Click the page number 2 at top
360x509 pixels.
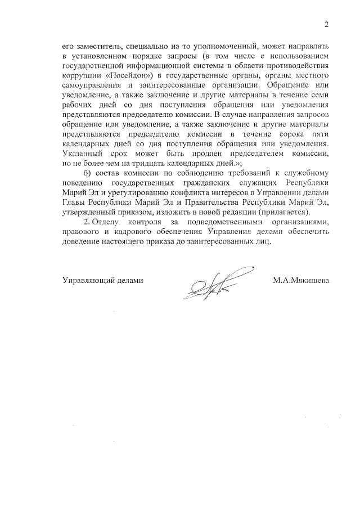[326, 24]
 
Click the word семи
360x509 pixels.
[319, 95]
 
